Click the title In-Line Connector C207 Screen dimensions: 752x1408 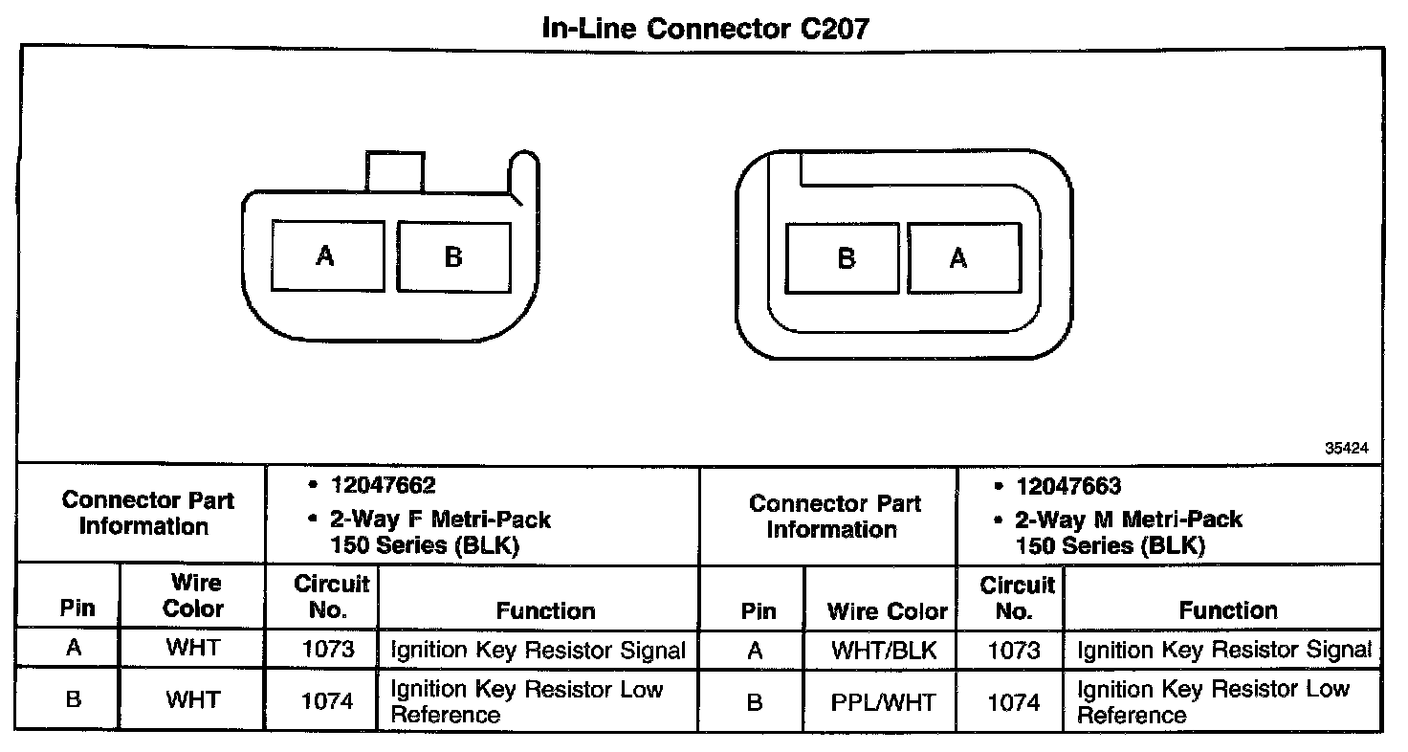click(x=705, y=28)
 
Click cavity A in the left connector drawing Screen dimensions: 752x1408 click(x=327, y=255)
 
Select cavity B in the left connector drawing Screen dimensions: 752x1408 click(x=453, y=256)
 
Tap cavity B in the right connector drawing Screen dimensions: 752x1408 click(x=844, y=258)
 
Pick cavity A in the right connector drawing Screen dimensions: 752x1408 click(x=961, y=258)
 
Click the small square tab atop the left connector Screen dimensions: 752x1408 click(x=393, y=171)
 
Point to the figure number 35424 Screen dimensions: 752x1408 click(x=1346, y=447)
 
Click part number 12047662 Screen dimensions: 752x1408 click(x=383, y=486)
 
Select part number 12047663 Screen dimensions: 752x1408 click(x=1068, y=486)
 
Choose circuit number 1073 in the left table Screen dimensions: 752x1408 click(x=328, y=651)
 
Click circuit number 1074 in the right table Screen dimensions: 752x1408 click(x=1013, y=702)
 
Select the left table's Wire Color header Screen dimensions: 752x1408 click(x=193, y=595)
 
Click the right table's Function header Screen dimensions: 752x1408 click(x=1228, y=609)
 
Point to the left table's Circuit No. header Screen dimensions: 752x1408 click(x=331, y=596)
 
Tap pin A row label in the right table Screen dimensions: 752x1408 click(x=755, y=651)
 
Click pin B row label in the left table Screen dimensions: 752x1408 click(x=73, y=699)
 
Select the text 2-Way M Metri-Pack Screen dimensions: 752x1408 click(x=1129, y=520)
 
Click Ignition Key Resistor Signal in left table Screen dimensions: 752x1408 click(x=539, y=651)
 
